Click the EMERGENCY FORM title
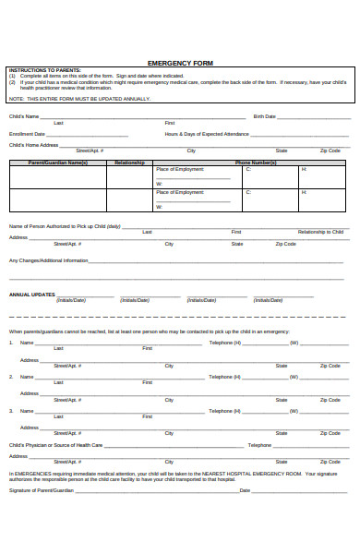click(180, 63)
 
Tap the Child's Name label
click(24, 116)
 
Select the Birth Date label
click(263, 116)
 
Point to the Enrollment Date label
click(27, 134)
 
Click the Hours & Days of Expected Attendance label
click(207, 134)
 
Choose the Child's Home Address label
click(34, 145)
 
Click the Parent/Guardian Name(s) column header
click(58, 163)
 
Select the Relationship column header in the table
click(129, 163)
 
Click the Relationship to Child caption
click(320, 232)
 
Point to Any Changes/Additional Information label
click(49, 260)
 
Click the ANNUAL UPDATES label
click(32, 295)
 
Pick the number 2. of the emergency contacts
click(11, 377)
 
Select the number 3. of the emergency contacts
click(11, 411)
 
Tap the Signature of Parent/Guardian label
click(42, 490)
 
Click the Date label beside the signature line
click(245, 490)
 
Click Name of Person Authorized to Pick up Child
click(65, 226)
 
